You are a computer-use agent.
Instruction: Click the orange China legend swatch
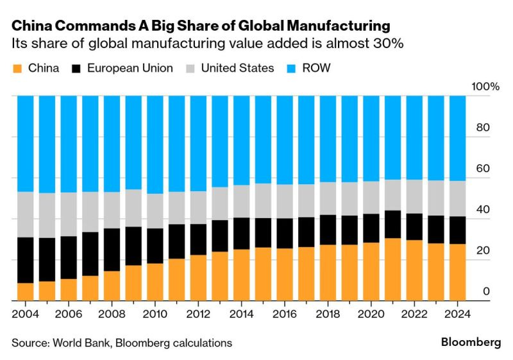[x=17, y=67]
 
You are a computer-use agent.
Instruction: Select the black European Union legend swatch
[x=78, y=67]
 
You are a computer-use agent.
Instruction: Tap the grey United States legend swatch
[x=190, y=67]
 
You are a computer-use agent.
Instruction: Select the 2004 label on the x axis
[x=25, y=315]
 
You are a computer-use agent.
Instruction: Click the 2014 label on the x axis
[x=241, y=315]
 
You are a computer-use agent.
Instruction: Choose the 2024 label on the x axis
[x=457, y=315]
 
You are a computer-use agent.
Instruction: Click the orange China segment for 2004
[x=25, y=291]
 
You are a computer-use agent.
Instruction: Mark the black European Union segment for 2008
[x=112, y=250]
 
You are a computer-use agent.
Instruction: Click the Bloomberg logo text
[x=471, y=342]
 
